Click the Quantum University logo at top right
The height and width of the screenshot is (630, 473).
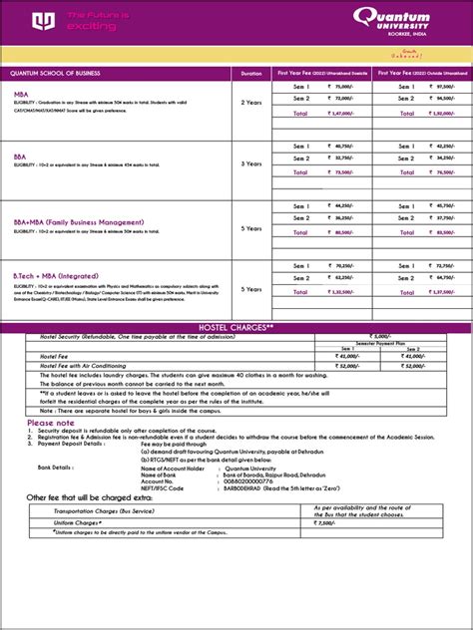[410, 19]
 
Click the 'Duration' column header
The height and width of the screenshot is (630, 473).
[250, 74]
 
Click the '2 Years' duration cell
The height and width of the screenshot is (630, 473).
[250, 102]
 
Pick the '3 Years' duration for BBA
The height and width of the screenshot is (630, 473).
[250, 162]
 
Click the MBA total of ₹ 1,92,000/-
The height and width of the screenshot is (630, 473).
[434, 114]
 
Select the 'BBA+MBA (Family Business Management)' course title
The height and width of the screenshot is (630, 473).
[72, 221]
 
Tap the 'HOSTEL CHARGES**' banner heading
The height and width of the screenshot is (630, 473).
[236, 327]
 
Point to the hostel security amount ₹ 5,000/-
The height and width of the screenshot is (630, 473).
[384, 336]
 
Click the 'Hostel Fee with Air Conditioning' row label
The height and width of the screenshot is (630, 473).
[70, 366]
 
